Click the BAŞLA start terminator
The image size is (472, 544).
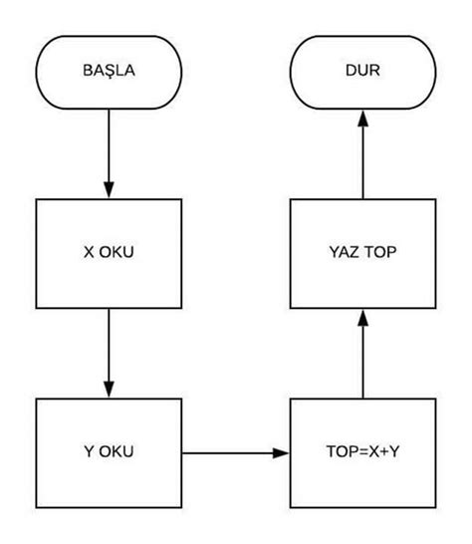(109, 72)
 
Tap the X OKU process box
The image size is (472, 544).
(109, 251)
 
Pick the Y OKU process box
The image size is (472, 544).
(109, 450)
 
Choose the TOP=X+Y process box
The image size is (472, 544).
(362, 450)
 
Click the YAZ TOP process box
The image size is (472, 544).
(362, 251)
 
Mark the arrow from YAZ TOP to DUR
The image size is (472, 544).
(362, 149)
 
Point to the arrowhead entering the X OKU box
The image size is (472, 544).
(109, 189)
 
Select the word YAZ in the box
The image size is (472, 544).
(344, 251)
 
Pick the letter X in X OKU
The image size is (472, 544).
(88, 251)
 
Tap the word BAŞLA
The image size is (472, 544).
(109, 72)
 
